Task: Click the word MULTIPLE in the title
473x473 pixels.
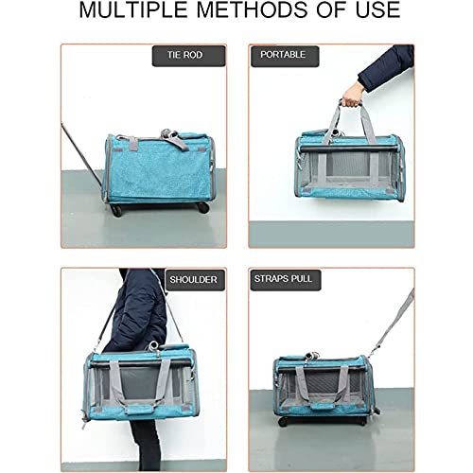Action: click(x=137, y=13)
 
